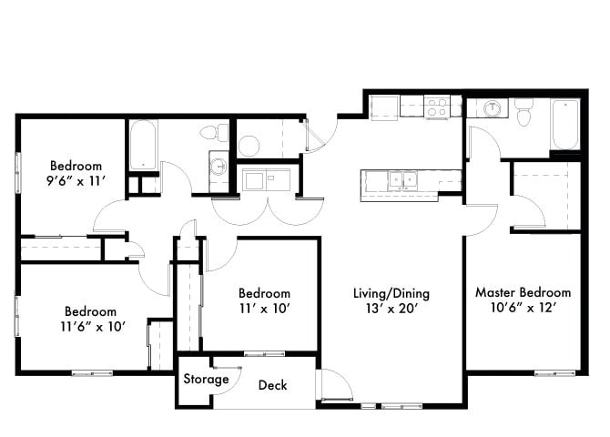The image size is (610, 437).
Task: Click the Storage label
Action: [x=207, y=379]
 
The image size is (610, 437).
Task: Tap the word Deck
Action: [x=272, y=385]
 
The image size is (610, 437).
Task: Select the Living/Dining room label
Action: [x=391, y=293]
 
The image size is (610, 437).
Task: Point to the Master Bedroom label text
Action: [x=523, y=292]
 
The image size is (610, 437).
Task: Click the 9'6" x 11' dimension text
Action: [x=76, y=182]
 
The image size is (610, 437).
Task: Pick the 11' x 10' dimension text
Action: [x=264, y=310]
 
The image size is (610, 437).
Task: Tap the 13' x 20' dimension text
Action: [x=391, y=310]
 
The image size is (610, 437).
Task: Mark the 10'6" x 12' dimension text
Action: [x=523, y=309]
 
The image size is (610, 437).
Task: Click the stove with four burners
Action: [x=437, y=107]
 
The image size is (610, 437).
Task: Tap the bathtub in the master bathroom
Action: [x=564, y=125]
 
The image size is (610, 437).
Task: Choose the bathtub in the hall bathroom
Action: [x=143, y=144]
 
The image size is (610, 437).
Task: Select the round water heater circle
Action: [x=250, y=145]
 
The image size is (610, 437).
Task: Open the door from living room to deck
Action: [x=334, y=385]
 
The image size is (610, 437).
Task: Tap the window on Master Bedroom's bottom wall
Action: [x=554, y=372]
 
